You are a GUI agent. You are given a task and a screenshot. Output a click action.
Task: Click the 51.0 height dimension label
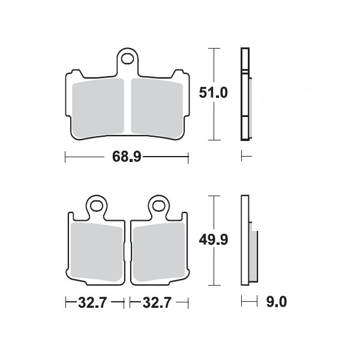point(213,92)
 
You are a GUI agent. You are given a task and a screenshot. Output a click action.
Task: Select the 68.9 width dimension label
point(127,157)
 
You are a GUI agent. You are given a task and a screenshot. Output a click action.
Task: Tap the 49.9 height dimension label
point(214,239)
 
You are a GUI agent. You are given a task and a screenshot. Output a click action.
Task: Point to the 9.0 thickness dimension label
point(277,301)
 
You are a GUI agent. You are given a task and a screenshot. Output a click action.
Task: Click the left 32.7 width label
point(92,302)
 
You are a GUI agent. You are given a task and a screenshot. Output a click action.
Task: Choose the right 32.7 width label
point(157,302)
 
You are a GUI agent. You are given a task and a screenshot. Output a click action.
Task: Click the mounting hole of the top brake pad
point(127,59)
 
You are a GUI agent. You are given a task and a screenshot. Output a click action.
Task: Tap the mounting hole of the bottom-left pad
point(97,206)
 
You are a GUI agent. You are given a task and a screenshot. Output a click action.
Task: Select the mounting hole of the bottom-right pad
point(158,206)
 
